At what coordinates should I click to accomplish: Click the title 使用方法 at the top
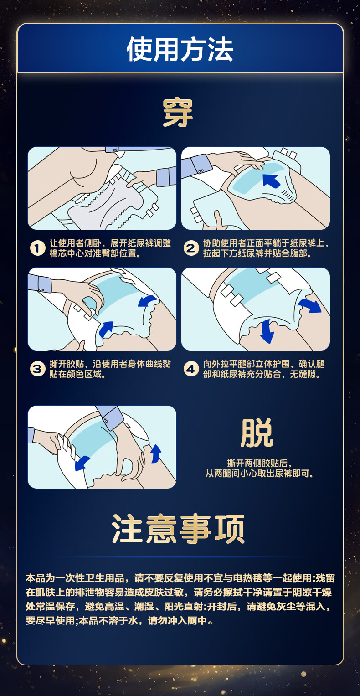[180, 49]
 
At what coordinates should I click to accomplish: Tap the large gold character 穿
[178, 113]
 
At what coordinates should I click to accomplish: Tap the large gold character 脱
[257, 433]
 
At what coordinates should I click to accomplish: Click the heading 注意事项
[178, 529]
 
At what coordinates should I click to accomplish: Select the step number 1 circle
[37, 248]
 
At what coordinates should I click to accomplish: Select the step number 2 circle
[191, 248]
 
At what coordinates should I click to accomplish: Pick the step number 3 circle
[37, 369]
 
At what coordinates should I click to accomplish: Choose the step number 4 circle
[191, 369]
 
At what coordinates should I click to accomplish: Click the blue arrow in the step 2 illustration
[272, 180]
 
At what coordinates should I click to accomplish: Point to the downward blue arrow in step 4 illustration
[267, 331]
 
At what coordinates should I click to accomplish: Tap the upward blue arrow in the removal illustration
[156, 454]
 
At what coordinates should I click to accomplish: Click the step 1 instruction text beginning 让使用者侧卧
[110, 248]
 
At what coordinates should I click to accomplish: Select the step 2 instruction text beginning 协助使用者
[266, 248]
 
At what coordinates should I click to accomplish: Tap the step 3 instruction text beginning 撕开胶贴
[110, 369]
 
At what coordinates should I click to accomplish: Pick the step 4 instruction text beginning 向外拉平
[264, 369]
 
